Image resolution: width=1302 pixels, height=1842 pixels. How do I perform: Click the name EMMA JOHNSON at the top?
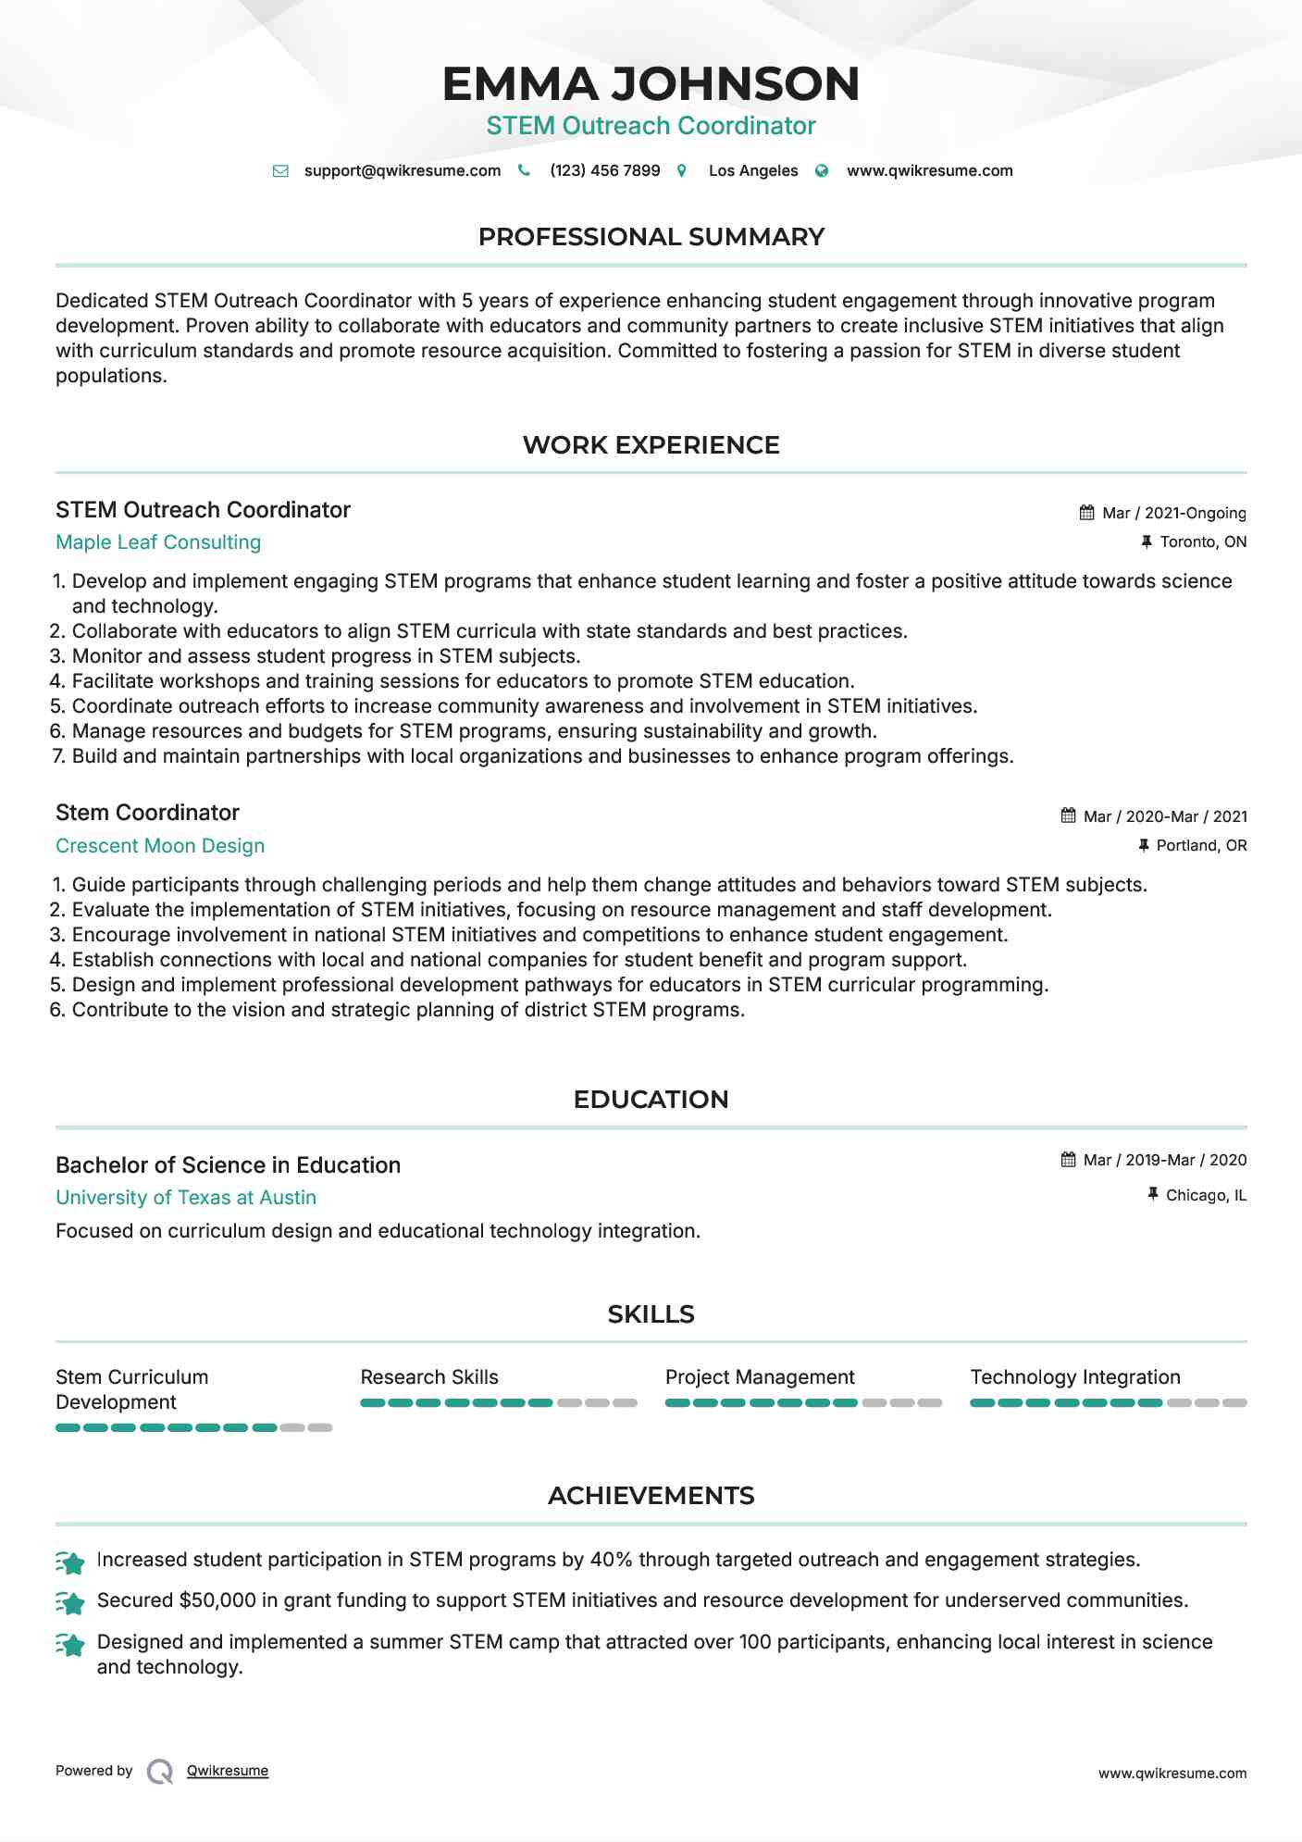tap(651, 83)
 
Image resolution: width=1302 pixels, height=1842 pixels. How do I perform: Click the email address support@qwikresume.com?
tap(402, 170)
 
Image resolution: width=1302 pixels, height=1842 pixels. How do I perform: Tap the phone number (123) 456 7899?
tap(604, 170)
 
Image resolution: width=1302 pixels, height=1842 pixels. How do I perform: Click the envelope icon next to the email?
tap(280, 171)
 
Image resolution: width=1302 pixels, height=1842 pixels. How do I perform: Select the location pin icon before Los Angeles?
tap(682, 171)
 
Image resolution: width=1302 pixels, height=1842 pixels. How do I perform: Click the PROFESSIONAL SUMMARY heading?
tap(651, 237)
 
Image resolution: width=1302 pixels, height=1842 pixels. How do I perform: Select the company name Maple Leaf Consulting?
tap(158, 542)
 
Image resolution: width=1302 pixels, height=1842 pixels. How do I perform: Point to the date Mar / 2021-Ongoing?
tap(1173, 513)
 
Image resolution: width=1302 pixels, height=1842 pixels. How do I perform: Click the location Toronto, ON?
tap(1203, 541)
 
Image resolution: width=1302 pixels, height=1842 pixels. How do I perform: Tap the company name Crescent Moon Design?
tap(160, 846)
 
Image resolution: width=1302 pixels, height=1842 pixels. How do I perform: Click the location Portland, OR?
tap(1201, 845)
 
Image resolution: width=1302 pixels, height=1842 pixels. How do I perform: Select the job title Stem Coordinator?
tap(147, 813)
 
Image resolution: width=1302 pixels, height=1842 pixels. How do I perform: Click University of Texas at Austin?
tap(186, 1198)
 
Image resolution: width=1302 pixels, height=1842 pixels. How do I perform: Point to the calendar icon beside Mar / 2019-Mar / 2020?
tap(1068, 1160)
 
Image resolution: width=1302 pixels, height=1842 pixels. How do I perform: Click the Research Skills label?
tap(429, 1377)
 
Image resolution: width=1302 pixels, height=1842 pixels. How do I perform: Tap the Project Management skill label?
tap(760, 1377)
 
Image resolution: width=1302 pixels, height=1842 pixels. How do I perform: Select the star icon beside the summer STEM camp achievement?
tap(70, 1644)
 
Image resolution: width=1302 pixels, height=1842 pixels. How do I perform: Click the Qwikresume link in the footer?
tap(228, 1771)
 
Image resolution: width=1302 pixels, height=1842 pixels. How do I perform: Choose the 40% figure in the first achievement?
tap(611, 1560)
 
